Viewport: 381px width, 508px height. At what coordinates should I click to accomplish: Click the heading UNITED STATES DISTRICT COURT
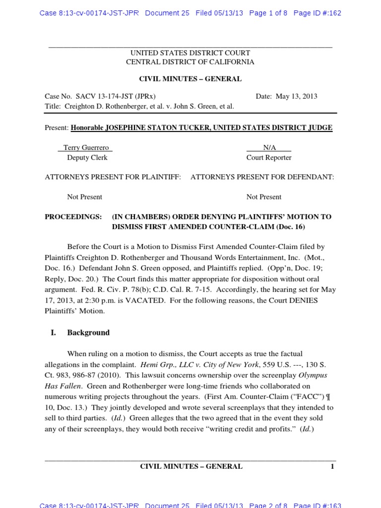(190, 53)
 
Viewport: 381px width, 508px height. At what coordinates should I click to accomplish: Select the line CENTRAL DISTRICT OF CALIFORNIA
(190, 62)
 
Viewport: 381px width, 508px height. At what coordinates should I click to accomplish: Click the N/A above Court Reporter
(269, 148)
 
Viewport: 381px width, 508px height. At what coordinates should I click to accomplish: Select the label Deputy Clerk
(87, 158)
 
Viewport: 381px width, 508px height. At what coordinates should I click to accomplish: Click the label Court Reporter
(269, 158)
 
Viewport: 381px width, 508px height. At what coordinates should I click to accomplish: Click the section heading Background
(88, 333)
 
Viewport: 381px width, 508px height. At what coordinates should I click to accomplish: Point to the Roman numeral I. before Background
(54, 333)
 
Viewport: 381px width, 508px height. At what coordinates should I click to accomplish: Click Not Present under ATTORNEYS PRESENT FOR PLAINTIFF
(84, 197)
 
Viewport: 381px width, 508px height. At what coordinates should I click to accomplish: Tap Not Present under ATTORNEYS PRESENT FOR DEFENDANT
(264, 197)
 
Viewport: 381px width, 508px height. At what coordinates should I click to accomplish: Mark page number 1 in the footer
(332, 466)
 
